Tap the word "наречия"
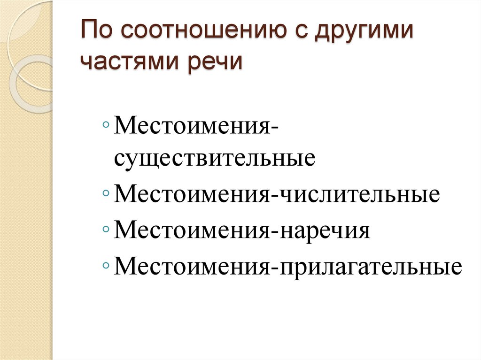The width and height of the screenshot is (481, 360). tap(326, 231)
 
